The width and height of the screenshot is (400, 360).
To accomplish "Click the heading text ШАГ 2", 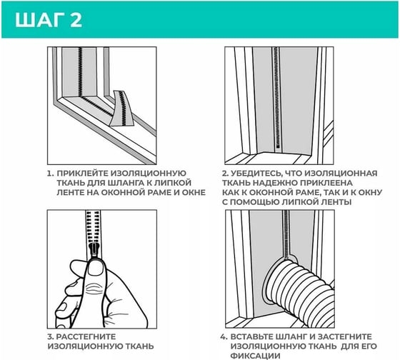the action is coord(49,20).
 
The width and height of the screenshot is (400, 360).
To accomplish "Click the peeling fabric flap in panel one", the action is coord(121,108).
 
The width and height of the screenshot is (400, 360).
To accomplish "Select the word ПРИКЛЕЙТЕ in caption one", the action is coord(82,174).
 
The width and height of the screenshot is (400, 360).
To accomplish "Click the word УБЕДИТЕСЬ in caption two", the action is coord(256,174).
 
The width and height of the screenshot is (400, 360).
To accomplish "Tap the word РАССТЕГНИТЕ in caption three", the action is coord(86,336).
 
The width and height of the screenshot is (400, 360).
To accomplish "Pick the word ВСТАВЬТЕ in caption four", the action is coord(252,336).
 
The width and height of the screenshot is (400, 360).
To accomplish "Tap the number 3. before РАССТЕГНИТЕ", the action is coord(51,336).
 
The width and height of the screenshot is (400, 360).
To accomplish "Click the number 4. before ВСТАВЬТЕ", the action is coord(224,336).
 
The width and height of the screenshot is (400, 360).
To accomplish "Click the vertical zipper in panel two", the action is coord(276,100).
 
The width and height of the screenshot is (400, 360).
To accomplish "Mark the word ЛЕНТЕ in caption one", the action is coord(71,192).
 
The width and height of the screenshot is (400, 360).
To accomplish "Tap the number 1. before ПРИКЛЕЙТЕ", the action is coord(51,174).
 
